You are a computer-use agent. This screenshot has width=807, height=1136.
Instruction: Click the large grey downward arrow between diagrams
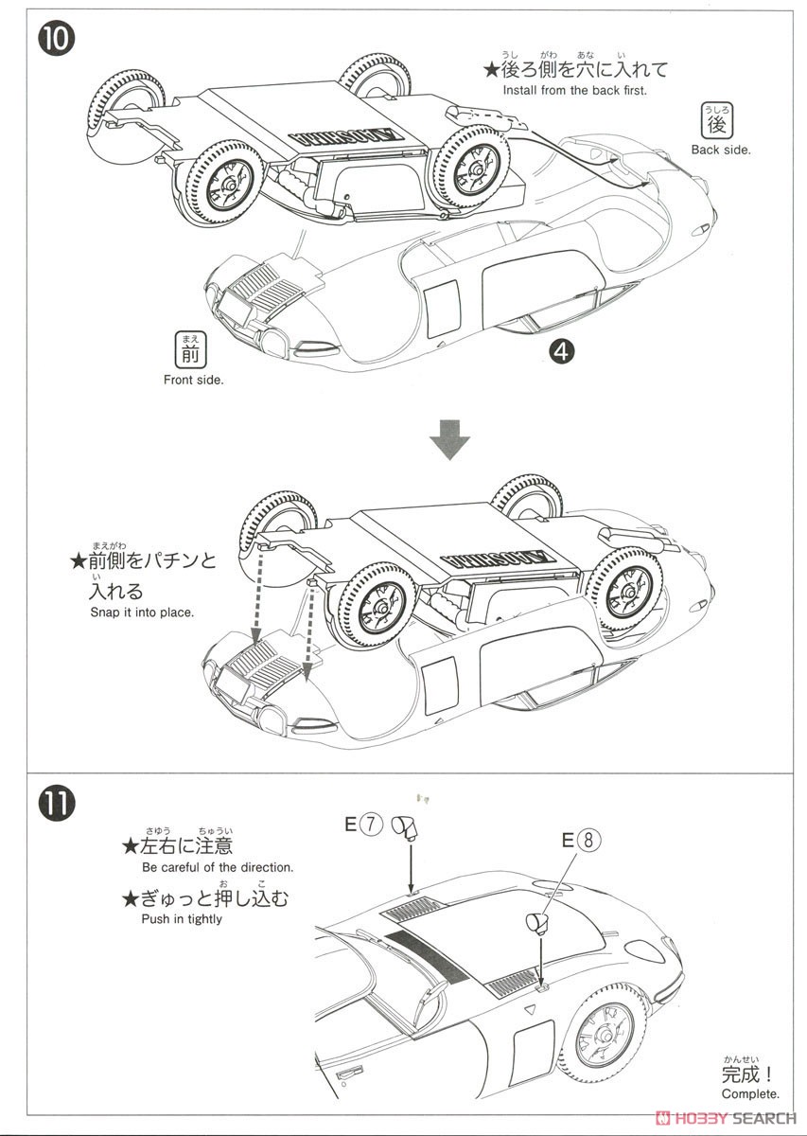(x=450, y=437)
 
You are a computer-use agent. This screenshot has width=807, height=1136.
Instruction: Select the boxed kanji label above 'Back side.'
(x=717, y=123)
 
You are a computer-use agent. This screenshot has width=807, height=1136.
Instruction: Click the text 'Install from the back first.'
(x=575, y=91)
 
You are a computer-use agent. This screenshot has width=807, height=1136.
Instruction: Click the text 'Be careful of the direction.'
(x=218, y=867)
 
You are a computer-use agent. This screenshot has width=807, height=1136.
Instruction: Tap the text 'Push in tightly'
(x=182, y=918)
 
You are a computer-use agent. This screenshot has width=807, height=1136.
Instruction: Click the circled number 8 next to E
(x=590, y=839)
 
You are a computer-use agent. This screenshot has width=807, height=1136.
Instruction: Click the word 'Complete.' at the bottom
(x=750, y=1093)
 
